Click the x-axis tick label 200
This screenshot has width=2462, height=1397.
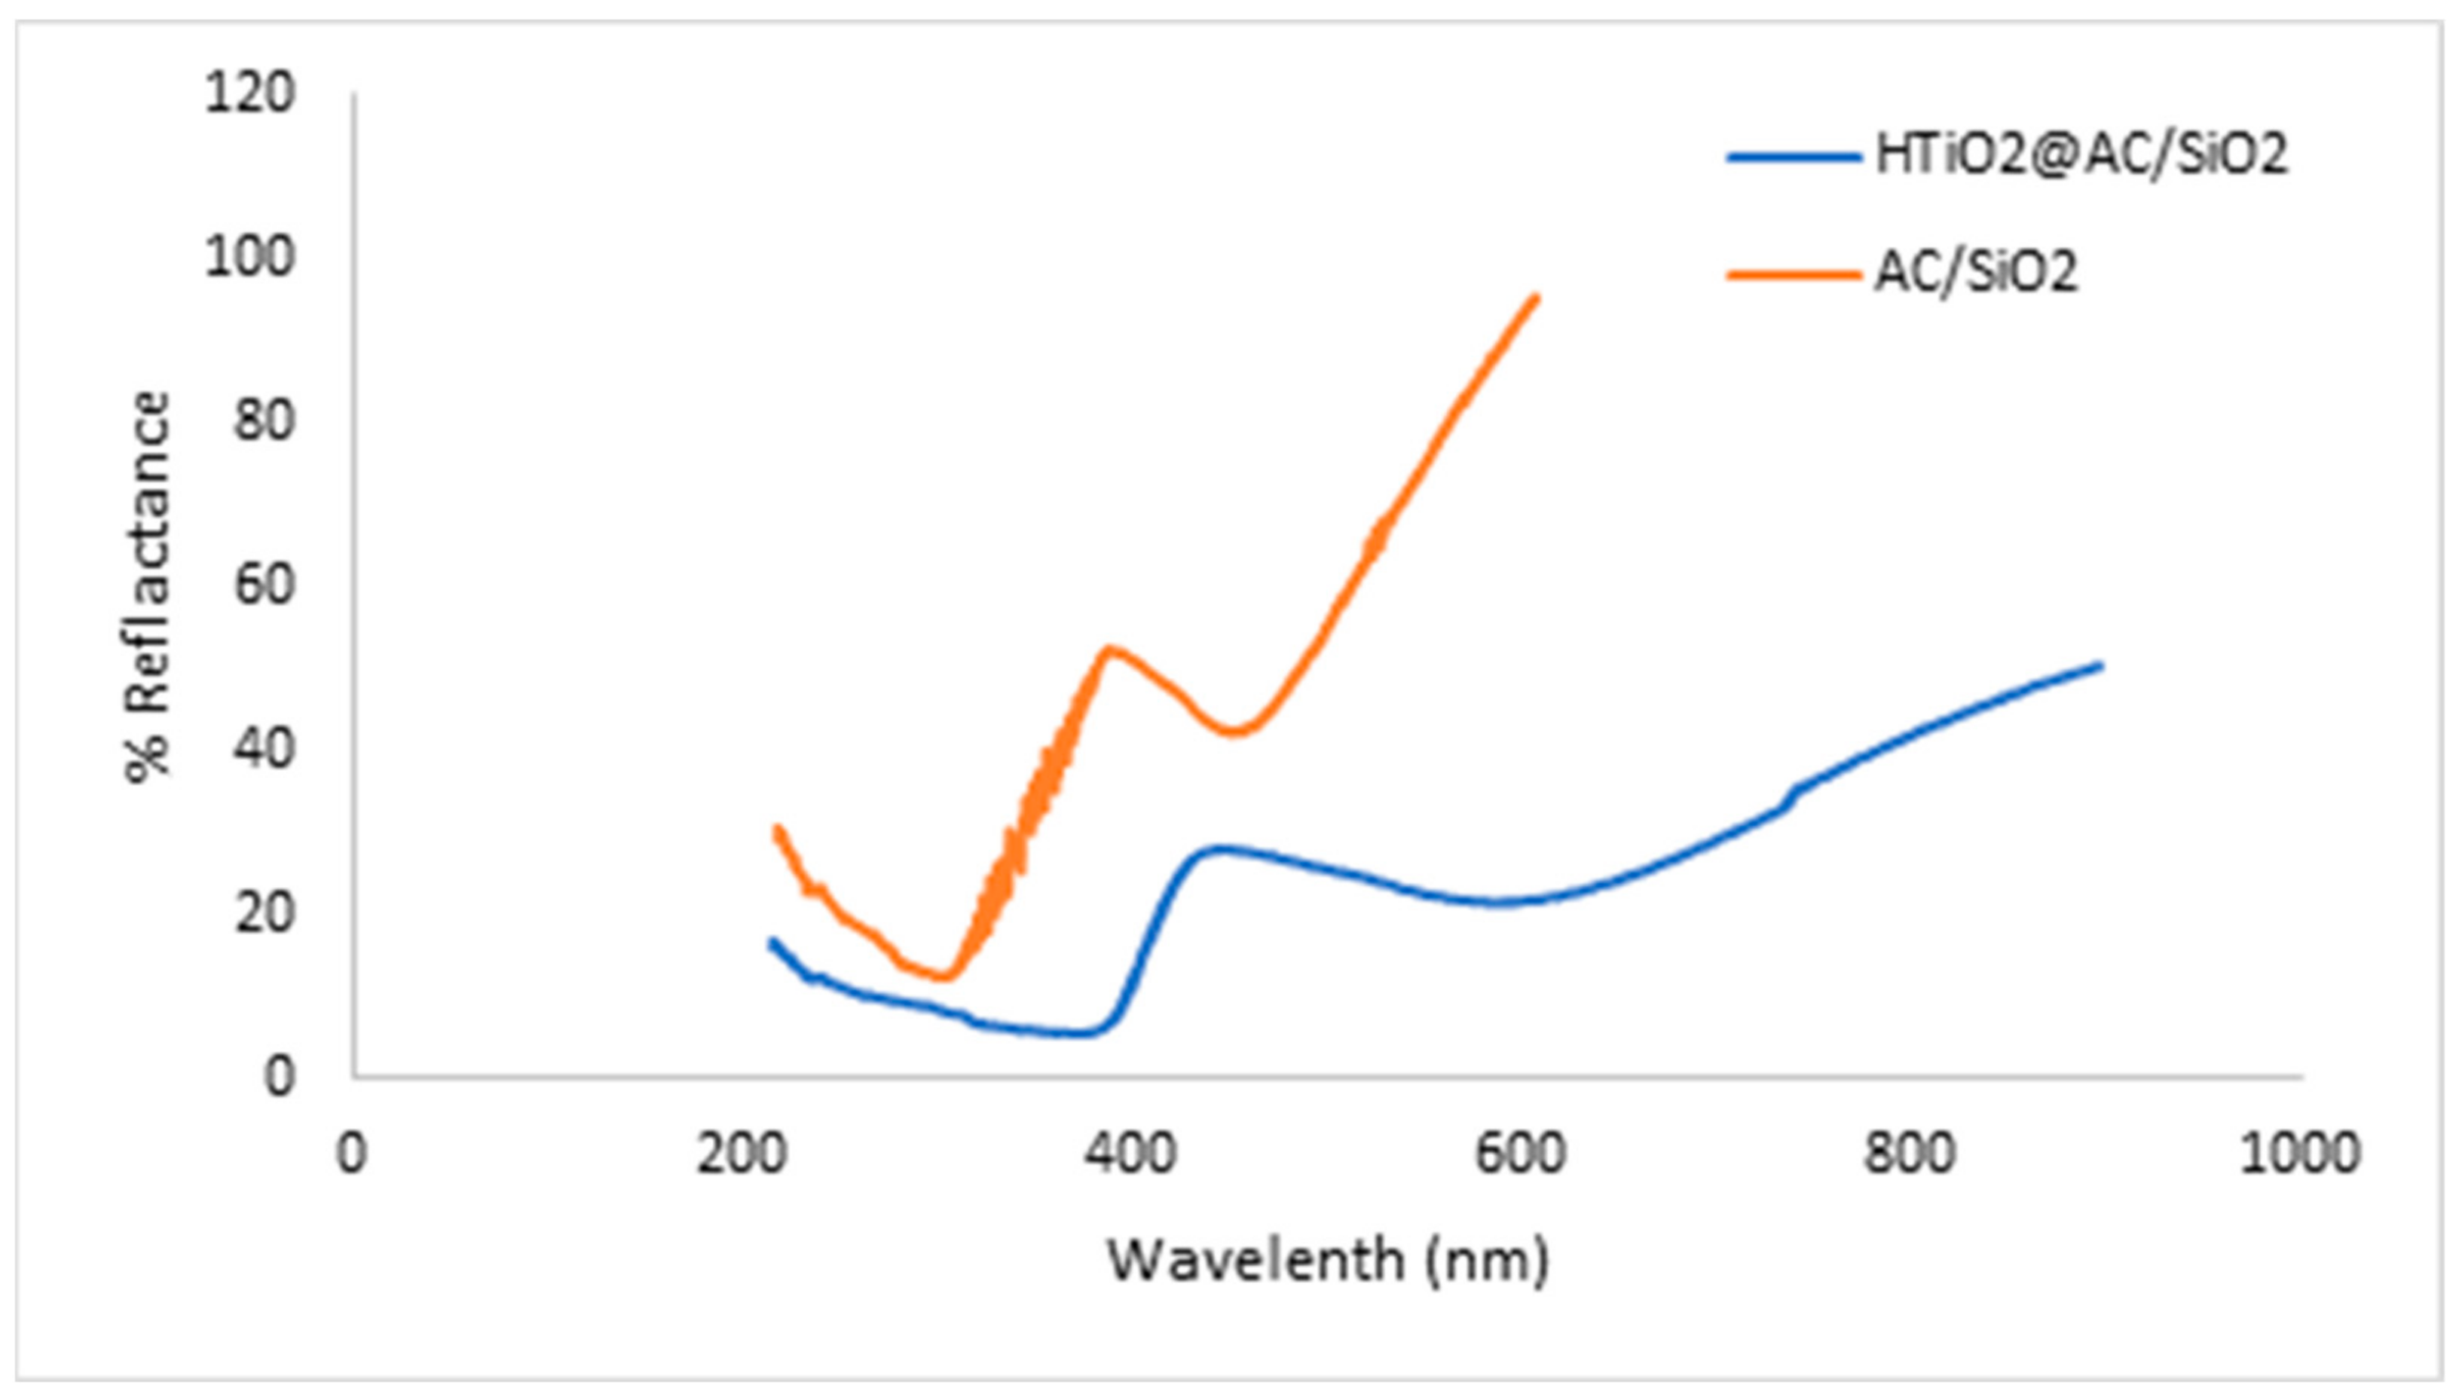click(x=741, y=1154)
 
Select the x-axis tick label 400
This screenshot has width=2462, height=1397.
click(x=1130, y=1154)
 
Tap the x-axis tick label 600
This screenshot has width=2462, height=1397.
click(x=1520, y=1154)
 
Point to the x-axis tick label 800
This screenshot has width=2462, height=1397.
click(x=1910, y=1154)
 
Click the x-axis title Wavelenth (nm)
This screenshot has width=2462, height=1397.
click(x=1328, y=1260)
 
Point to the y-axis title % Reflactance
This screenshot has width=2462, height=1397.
click(x=148, y=587)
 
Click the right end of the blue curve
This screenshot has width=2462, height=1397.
click(x=2101, y=666)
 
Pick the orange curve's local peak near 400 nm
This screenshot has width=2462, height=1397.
click(x=1109, y=650)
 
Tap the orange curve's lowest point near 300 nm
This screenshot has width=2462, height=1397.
click(x=946, y=977)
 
